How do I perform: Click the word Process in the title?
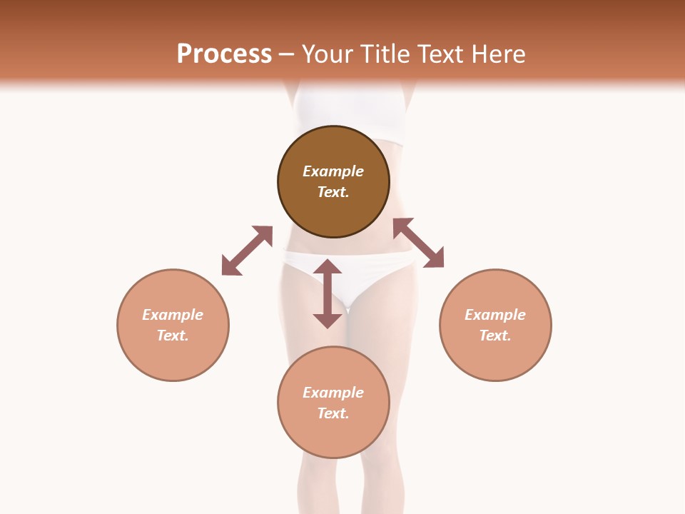(x=224, y=54)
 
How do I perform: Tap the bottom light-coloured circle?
(x=333, y=435)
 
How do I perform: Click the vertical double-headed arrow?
(x=328, y=293)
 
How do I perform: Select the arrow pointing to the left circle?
(x=247, y=251)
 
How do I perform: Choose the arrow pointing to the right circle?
(x=419, y=243)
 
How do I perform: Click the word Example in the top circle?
(x=333, y=171)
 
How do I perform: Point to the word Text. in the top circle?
(x=333, y=192)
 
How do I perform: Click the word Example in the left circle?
(x=173, y=315)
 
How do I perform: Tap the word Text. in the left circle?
(x=173, y=336)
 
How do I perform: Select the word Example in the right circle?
(x=495, y=315)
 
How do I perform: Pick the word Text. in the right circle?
(x=495, y=336)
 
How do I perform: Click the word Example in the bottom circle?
(x=333, y=393)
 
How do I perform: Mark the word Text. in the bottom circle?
(x=333, y=413)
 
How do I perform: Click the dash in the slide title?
(x=287, y=55)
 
